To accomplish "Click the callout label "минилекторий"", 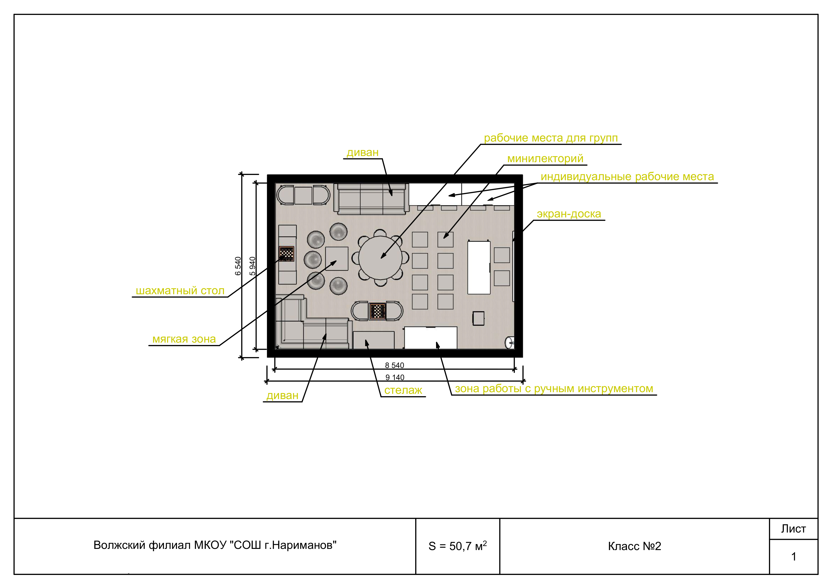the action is click(x=545, y=159).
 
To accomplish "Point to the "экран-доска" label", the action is click(x=569, y=214).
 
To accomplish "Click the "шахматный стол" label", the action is click(x=180, y=291).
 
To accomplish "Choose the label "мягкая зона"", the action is click(x=184, y=339).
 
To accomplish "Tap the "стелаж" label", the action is click(x=403, y=390).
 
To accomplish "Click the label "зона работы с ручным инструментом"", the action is click(x=554, y=389).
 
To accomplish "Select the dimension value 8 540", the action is click(x=394, y=365).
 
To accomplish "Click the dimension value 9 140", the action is click(x=395, y=377).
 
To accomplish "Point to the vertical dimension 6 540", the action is click(x=238, y=266).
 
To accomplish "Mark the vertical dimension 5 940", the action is click(x=253, y=266).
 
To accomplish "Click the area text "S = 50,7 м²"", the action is click(x=457, y=546).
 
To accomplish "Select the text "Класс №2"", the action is click(x=635, y=546).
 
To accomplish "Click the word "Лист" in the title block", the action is click(x=793, y=529).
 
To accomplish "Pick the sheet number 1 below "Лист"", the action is click(x=794, y=556).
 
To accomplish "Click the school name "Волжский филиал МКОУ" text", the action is click(x=161, y=545).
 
